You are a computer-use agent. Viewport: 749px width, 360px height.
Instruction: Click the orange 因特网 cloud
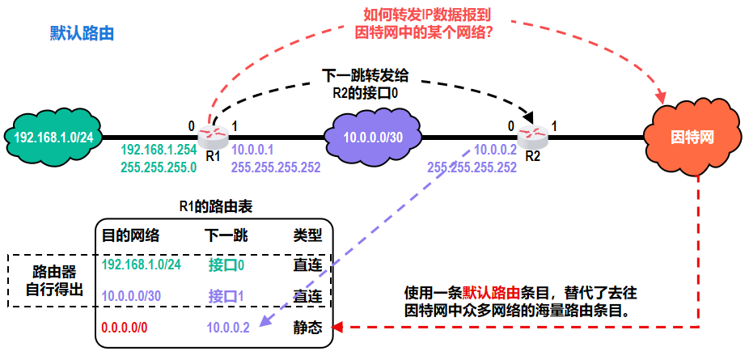point(694,136)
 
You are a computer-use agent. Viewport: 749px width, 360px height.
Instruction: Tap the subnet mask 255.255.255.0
point(159,167)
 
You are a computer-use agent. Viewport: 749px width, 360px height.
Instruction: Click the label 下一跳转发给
point(366,76)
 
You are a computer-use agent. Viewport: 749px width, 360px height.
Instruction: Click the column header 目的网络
point(130,235)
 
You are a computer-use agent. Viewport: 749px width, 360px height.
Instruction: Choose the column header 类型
point(307,235)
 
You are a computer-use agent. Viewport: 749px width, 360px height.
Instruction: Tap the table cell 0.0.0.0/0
point(125,328)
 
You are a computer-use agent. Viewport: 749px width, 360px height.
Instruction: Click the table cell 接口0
point(226,265)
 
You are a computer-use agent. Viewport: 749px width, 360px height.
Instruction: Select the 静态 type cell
point(307,328)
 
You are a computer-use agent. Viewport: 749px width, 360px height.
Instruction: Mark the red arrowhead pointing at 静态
point(340,328)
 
